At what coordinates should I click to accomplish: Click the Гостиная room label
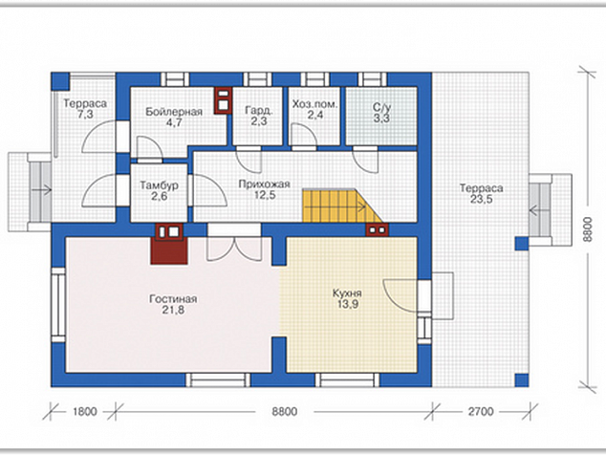[173, 299]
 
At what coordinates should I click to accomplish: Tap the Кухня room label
[347, 293]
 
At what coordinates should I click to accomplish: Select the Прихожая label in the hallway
[265, 184]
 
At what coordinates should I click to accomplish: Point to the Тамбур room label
[160, 185]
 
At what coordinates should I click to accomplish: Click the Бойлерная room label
[174, 112]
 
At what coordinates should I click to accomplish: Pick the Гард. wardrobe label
[259, 110]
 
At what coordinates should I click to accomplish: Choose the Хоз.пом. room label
[315, 104]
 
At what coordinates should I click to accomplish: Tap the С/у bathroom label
[381, 107]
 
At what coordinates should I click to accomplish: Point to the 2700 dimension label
[481, 411]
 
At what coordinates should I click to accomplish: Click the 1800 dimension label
[85, 411]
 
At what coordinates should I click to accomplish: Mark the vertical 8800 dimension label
[587, 229]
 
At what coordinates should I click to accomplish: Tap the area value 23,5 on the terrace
[482, 200]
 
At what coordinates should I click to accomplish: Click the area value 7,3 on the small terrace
[85, 115]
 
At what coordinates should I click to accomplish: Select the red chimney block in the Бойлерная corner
[224, 100]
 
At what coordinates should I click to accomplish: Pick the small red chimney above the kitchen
[378, 229]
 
